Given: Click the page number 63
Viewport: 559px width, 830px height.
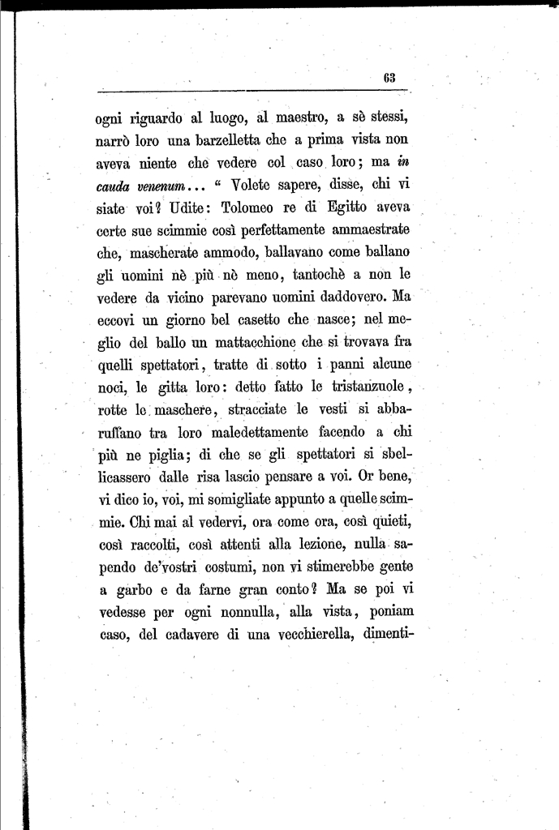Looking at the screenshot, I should [389, 78].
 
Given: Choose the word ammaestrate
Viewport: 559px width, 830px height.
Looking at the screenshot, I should [367, 230].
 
